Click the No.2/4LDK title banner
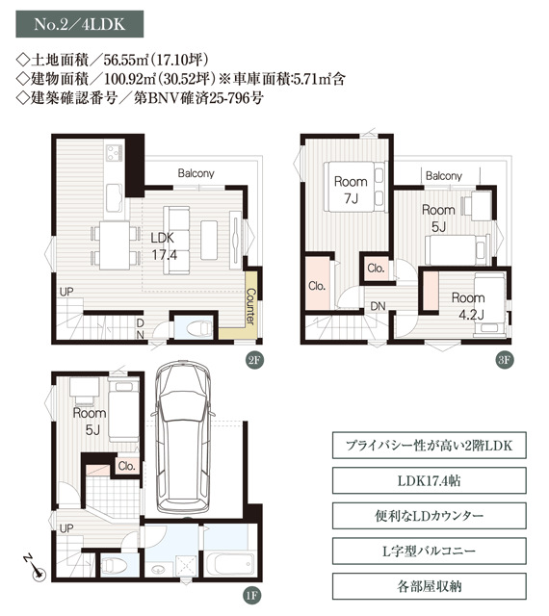pyautogui.click(x=79, y=24)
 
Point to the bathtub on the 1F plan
pyautogui.click(x=230, y=565)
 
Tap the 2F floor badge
pyautogui.click(x=254, y=360)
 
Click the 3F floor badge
pyautogui.click(x=504, y=360)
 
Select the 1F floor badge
pyautogui.click(x=251, y=596)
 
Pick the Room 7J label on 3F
pyautogui.click(x=351, y=191)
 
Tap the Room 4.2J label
pyautogui.click(x=468, y=306)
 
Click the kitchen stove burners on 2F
pyautogui.click(x=114, y=152)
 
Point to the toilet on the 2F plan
pyautogui.click(x=199, y=327)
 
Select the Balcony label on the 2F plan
pyautogui.click(x=196, y=173)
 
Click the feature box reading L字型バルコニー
pyautogui.click(x=429, y=552)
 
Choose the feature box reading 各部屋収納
pyautogui.click(x=429, y=586)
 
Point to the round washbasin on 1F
pyautogui.click(x=158, y=569)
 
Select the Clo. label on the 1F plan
pyautogui.click(x=126, y=466)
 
